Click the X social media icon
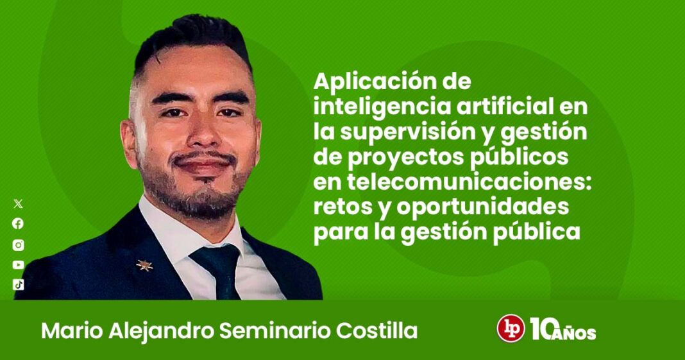(18, 203)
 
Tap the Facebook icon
(18, 224)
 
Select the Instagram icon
(18, 244)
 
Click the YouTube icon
(18, 265)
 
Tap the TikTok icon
(18, 285)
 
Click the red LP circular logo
(511, 328)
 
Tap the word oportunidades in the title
(483, 208)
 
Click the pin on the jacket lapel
(144, 265)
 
